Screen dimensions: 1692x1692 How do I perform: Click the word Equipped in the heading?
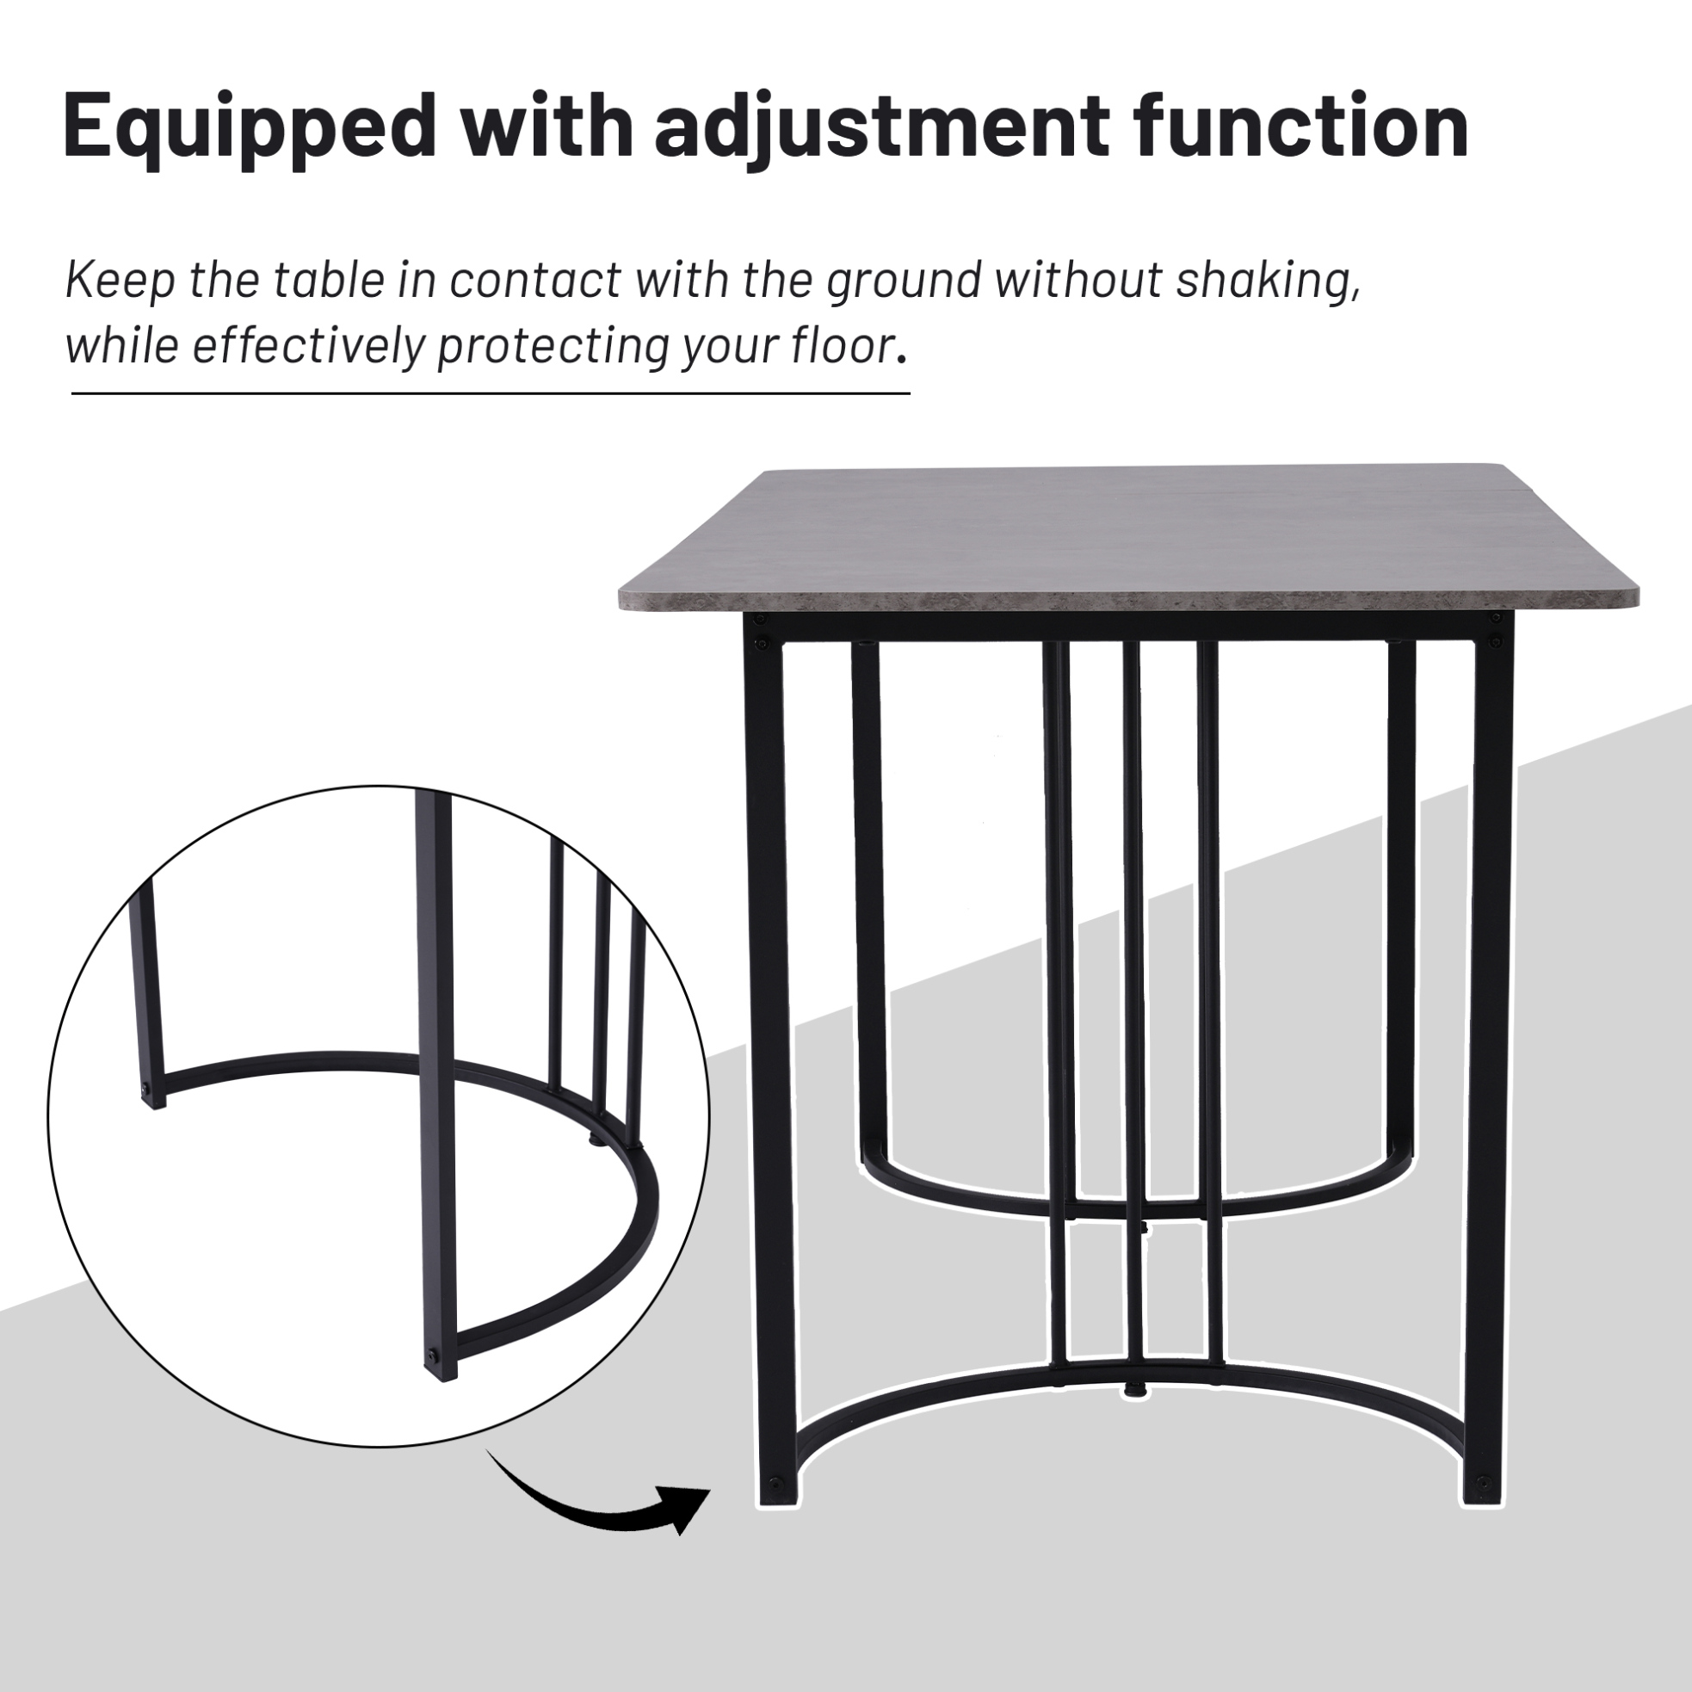click(250, 128)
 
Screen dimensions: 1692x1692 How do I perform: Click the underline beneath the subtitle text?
click(491, 393)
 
